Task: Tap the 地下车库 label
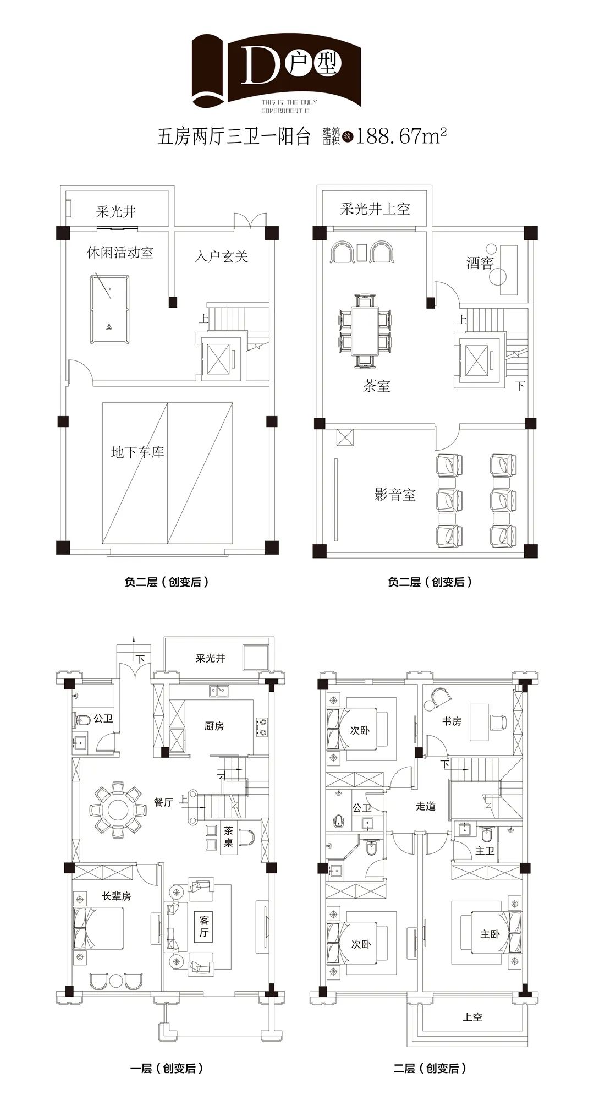[137, 453]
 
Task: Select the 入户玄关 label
[221, 256]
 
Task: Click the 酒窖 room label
[480, 263]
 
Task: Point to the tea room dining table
[365, 331]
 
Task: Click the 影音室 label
[395, 495]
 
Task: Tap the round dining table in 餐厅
[118, 810]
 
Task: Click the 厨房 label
[214, 726]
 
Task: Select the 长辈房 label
[117, 896]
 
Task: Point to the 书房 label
[452, 721]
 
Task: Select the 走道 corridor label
[426, 806]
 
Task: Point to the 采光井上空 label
[375, 209]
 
